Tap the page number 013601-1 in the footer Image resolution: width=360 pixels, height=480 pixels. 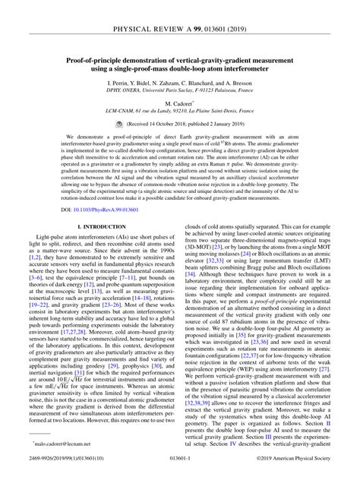point(180,472)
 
